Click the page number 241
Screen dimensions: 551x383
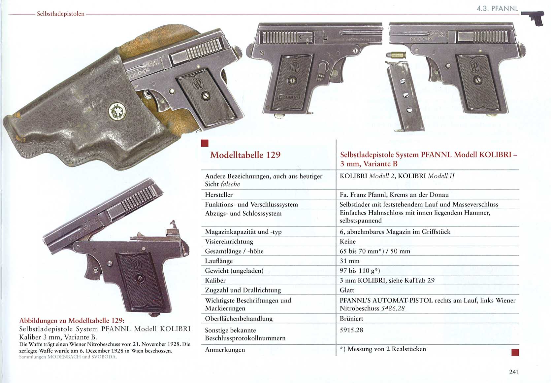point(514,372)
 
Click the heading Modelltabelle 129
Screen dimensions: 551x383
point(245,155)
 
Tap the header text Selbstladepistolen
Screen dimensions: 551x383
point(61,14)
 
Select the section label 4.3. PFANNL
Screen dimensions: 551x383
point(497,9)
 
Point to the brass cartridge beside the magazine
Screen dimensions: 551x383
point(396,55)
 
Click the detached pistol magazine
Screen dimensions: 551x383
point(405,96)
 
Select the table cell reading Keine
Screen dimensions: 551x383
point(347,241)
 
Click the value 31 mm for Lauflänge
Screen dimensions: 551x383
point(349,261)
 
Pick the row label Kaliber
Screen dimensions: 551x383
point(215,280)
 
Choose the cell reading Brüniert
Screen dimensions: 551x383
point(351,319)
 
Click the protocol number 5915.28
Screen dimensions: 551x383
point(351,330)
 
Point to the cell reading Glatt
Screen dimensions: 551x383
point(347,290)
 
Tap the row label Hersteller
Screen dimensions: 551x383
point(219,195)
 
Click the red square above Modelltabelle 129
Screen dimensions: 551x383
point(205,143)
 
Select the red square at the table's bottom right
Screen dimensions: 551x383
point(515,353)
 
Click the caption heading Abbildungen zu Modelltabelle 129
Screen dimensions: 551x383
point(72,321)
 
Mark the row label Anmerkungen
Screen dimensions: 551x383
point(225,350)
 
